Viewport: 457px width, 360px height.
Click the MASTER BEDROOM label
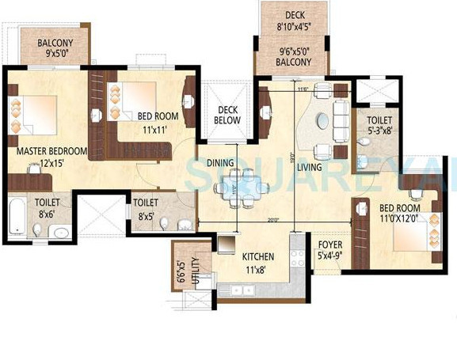(x=46, y=150)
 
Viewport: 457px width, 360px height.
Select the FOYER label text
(x=329, y=244)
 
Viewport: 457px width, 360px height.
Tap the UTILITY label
(x=194, y=266)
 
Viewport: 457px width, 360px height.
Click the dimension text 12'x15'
(x=46, y=165)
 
